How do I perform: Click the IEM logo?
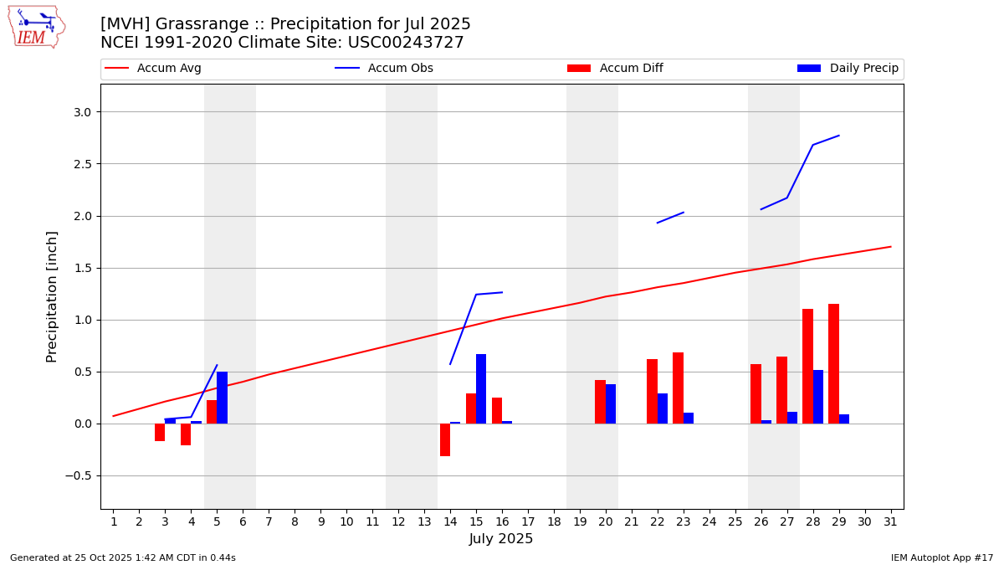click(x=36, y=27)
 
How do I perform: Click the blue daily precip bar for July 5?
click(x=222, y=398)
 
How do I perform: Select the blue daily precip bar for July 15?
click(x=481, y=389)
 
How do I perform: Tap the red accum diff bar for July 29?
click(x=833, y=364)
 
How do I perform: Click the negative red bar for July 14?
click(x=445, y=439)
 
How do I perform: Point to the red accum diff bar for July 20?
click(x=600, y=402)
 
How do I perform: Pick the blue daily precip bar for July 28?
click(x=818, y=397)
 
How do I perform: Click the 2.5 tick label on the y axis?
click(x=81, y=164)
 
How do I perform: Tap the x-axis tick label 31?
click(x=890, y=522)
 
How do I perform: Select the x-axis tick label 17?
click(x=528, y=522)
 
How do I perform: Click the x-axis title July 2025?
click(x=501, y=539)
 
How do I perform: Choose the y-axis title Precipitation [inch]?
click(x=52, y=296)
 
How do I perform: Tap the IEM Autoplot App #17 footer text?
click(x=942, y=557)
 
